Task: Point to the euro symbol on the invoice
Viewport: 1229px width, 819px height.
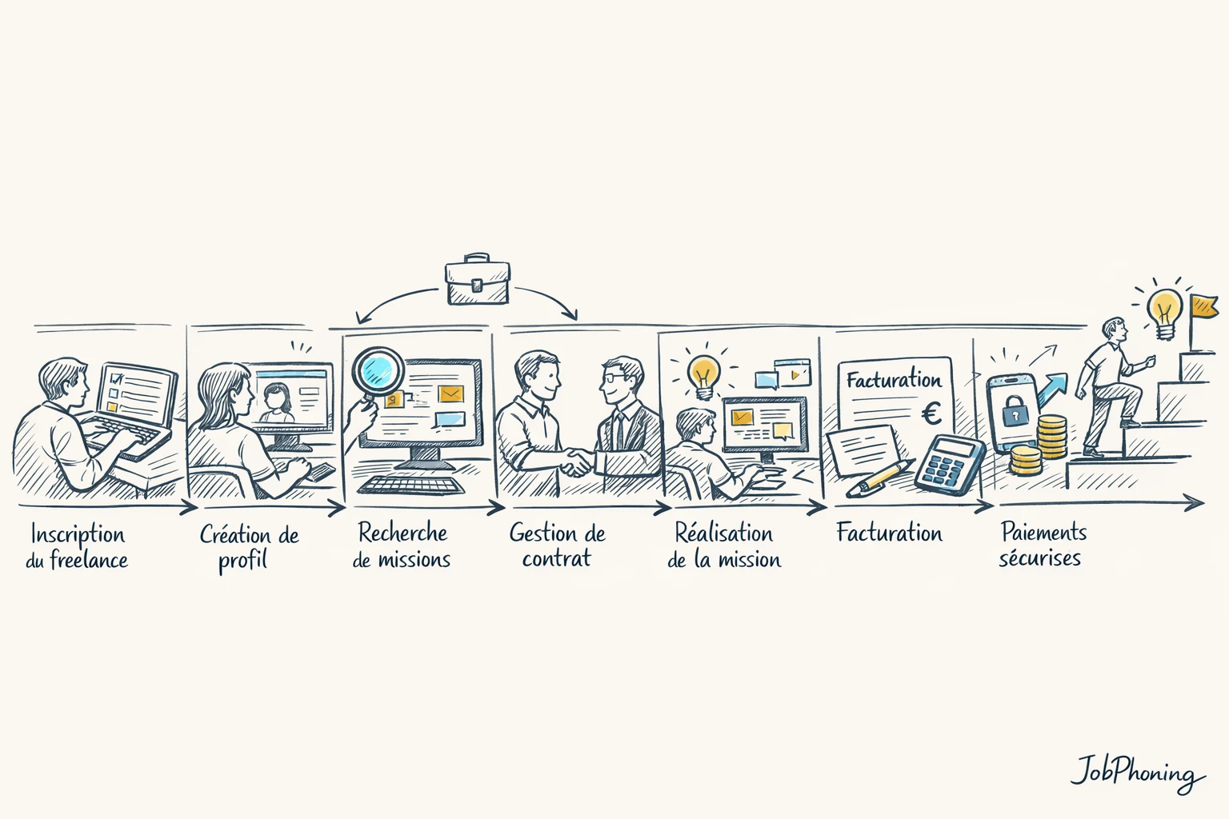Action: [931, 413]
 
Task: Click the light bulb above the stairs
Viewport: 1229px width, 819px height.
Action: [1164, 310]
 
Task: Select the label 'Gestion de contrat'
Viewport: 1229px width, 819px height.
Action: [557, 545]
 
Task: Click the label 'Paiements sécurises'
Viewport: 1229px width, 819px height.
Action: [1042, 545]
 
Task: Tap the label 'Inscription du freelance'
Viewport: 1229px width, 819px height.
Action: [77, 546]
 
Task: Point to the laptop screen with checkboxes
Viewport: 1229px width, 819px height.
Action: [136, 394]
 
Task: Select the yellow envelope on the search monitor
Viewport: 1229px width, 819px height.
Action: [451, 394]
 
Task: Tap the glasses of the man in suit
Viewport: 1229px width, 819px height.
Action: [613, 377]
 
